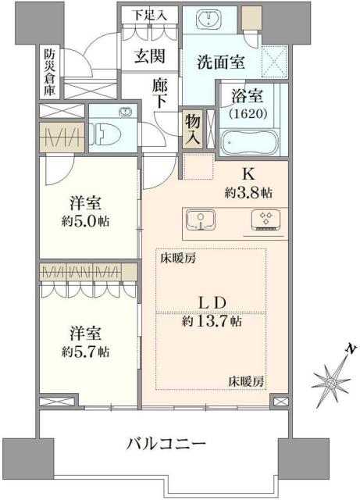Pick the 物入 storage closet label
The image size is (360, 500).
point(192,129)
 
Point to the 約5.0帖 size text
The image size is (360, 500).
point(87,221)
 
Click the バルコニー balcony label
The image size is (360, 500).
point(167,444)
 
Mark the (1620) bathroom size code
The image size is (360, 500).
point(249,112)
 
